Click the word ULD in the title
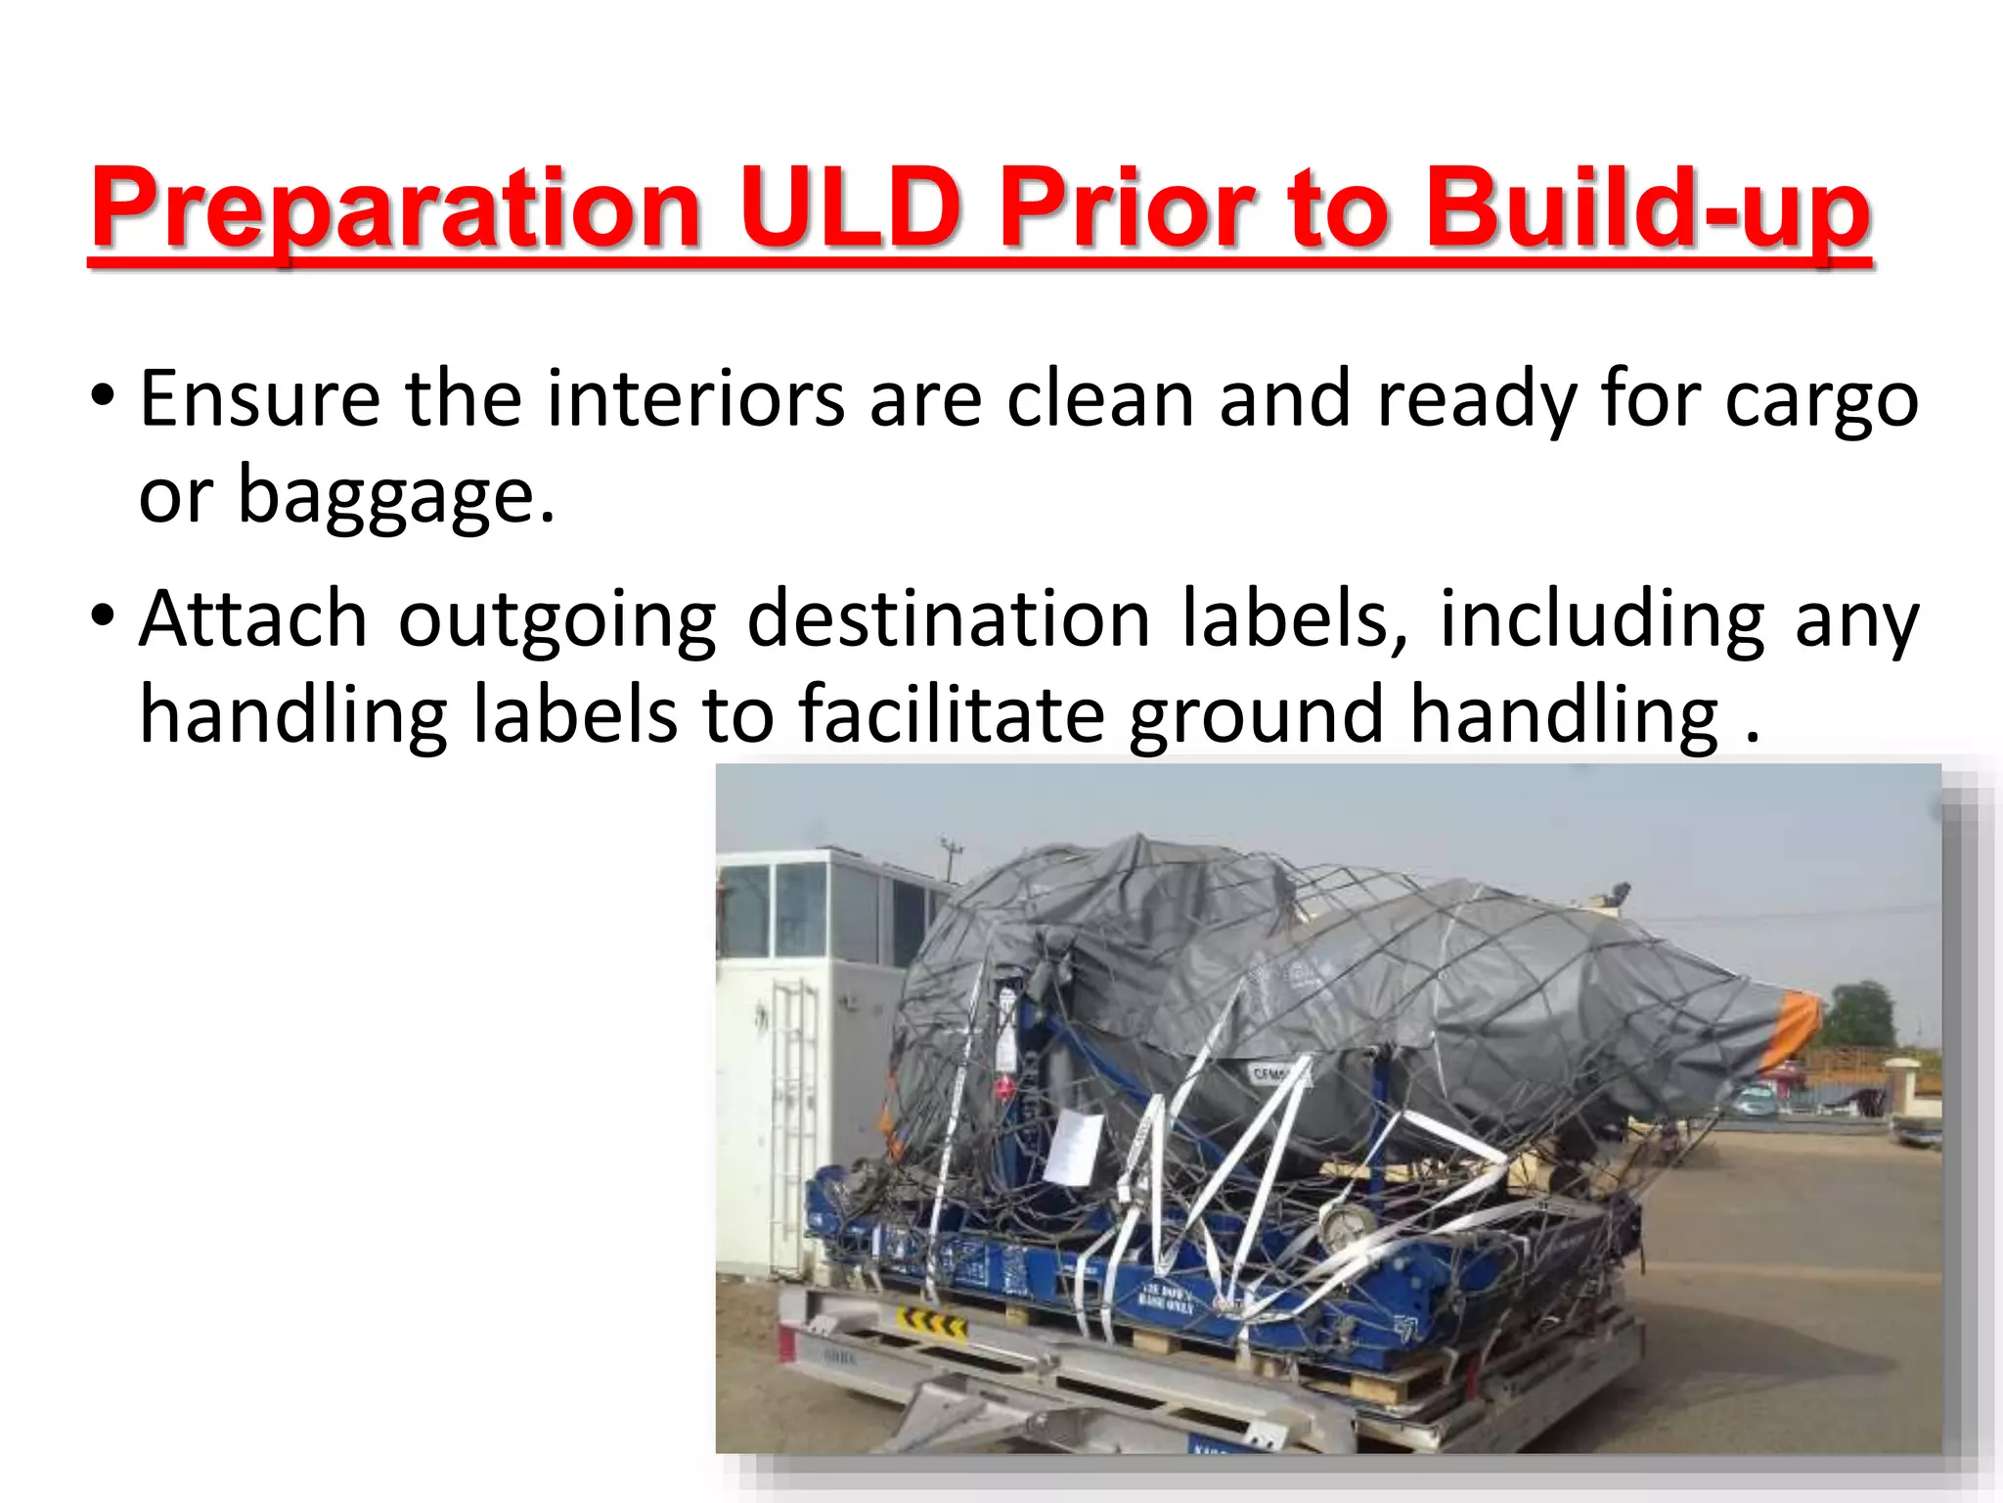[849, 207]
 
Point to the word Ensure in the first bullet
[260, 399]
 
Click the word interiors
[695, 399]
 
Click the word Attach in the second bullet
[253, 619]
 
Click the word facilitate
[952, 714]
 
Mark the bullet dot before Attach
[102, 617]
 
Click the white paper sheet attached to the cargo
[1074, 1147]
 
